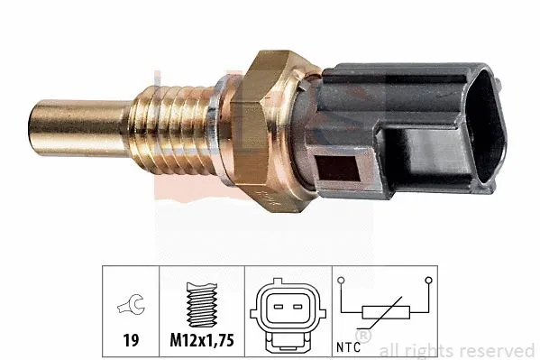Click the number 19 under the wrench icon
[131, 343]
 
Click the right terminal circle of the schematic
[436, 281]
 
